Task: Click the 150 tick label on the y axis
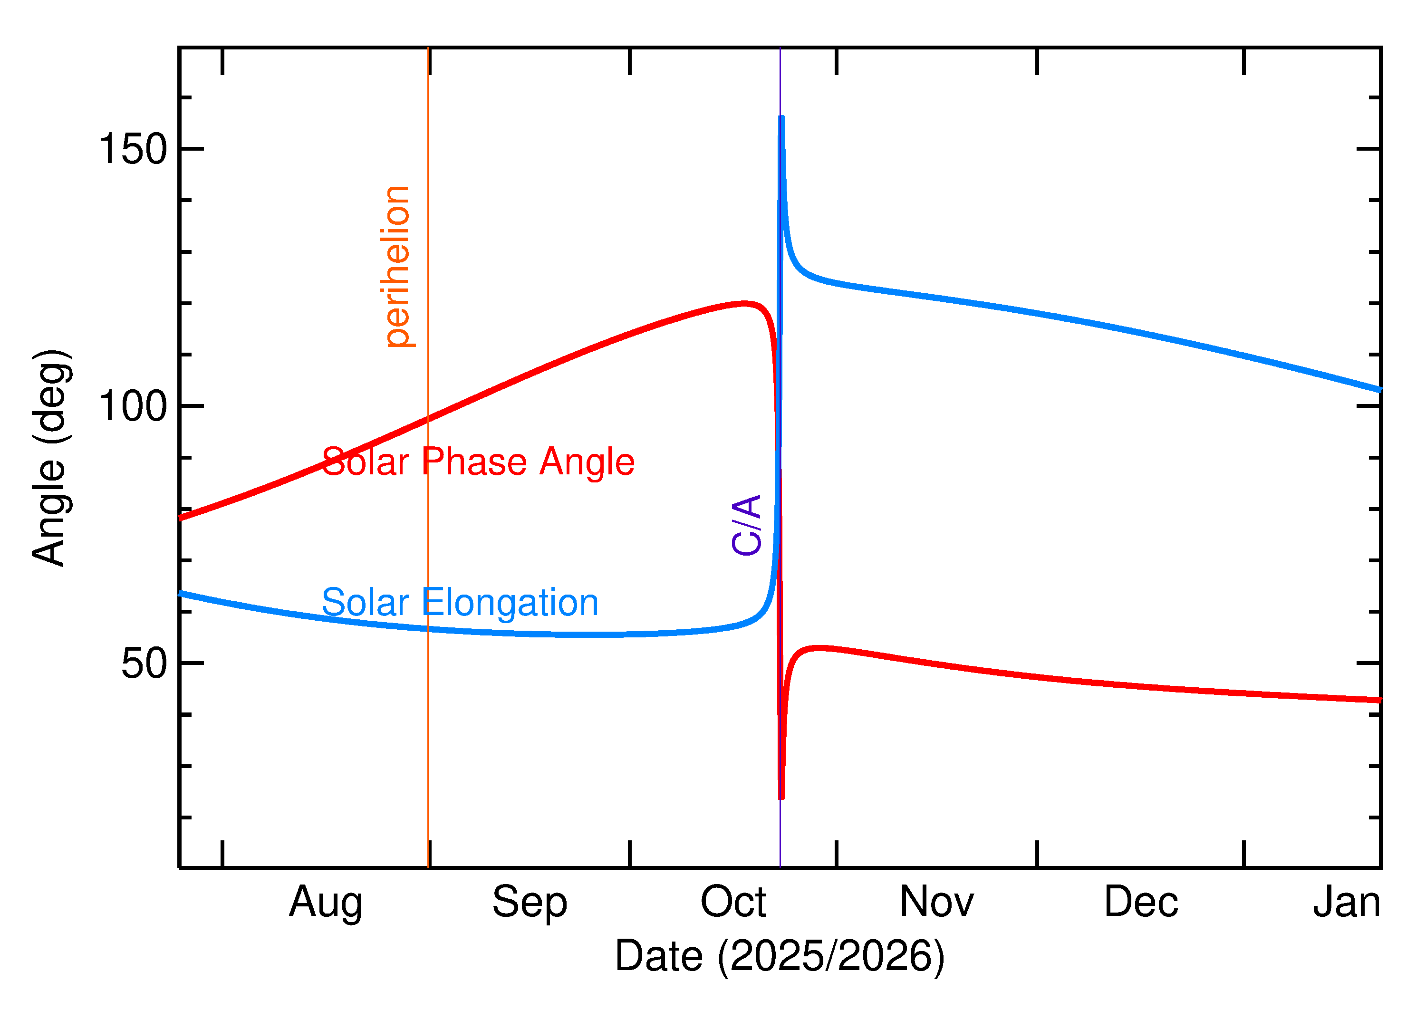(133, 149)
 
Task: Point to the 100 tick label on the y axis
(133, 407)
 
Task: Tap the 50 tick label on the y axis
(145, 664)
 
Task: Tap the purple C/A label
(746, 525)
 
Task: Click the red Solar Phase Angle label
(478, 462)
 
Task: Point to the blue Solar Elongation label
(460, 603)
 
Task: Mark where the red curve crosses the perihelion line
(428, 420)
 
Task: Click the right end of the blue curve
(1380, 390)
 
